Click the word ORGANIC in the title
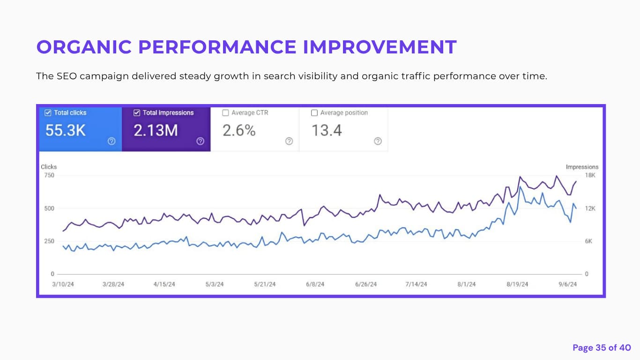click(x=84, y=47)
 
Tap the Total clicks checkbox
click(x=48, y=112)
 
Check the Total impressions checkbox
click(x=137, y=112)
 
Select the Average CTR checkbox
click(x=225, y=112)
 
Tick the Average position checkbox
click(x=314, y=112)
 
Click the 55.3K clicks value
click(x=66, y=130)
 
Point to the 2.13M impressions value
click(x=156, y=130)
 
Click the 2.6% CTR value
click(x=239, y=130)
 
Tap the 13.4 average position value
click(x=327, y=130)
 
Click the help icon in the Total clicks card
click(x=112, y=141)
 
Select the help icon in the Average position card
click(x=378, y=141)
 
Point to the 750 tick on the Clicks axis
click(x=49, y=175)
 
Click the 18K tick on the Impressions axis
click(x=590, y=175)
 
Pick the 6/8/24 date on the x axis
click(x=315, y=284)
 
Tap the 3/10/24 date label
click(x=63, y=284)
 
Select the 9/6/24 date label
click(x=568, y=284)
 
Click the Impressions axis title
click(x=582, y=167)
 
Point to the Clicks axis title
click(x=49, y=167)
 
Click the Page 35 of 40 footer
click(x=602, y=347)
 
